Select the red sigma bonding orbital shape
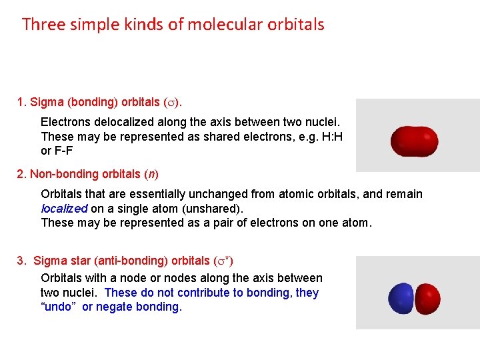point(414,141)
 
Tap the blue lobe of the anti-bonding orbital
point(401,297)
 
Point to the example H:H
point(329,136)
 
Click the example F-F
point(67,150)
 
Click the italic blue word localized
point(64,208)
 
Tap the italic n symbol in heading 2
point(152,174)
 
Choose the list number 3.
point(21,260)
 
